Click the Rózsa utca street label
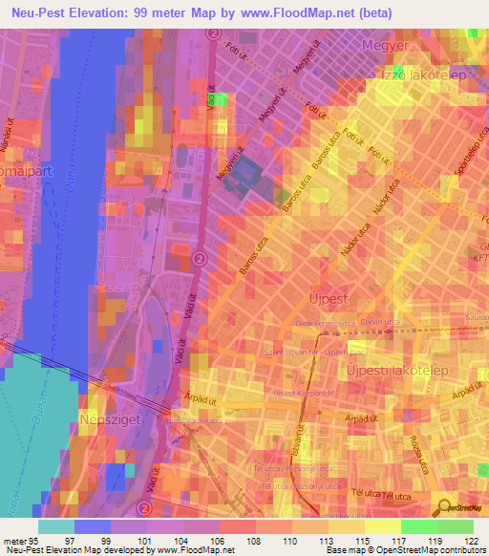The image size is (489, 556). [x=416, y=445]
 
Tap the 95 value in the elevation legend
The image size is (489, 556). [x=39, y=541]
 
